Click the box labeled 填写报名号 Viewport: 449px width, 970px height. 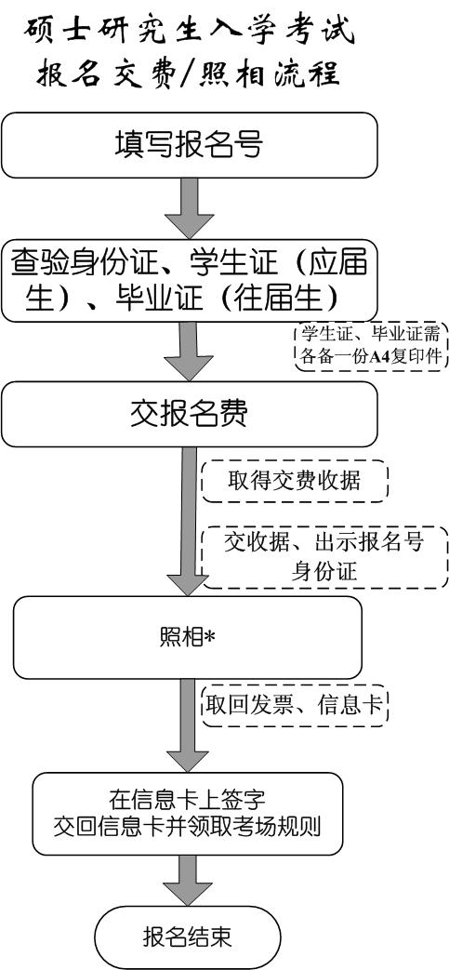pos(190,145)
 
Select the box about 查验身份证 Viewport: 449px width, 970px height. pos(190,280)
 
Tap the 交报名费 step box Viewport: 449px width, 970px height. pos(190,415)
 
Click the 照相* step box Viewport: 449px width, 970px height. pos(188,637)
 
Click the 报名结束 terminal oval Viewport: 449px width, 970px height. pos(188,937)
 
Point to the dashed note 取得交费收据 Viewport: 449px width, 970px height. pos(295,481)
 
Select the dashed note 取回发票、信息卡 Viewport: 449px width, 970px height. pos(295,704)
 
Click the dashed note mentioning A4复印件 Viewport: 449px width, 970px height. pos(371,346)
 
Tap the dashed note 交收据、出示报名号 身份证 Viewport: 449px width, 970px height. pos(324,557)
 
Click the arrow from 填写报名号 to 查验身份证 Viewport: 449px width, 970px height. pos(190,209)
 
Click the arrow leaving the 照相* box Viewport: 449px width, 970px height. pos(188,725)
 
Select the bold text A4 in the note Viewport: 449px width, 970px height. pos(377,357)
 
